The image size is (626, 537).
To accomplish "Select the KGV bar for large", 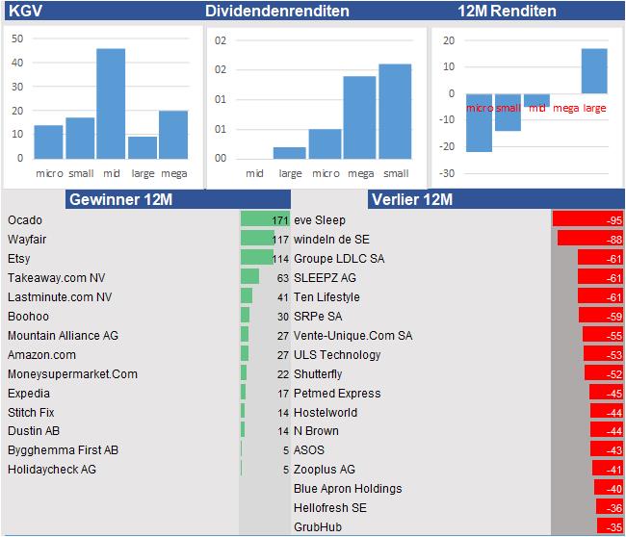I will click(x=143, y=147).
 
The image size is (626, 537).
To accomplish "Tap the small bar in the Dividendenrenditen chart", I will click(x=395, y=111).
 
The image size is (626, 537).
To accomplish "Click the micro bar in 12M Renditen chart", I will click(x=479, y=123).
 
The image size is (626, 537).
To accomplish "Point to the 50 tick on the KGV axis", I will click(x=17, y=39).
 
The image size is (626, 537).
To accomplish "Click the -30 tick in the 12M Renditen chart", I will click(x=446, y=173).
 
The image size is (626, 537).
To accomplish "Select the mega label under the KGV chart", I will click(x=173, y=173).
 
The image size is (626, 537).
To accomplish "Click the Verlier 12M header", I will click(x=411, y=199).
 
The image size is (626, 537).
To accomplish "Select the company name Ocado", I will click(x=25, y=220).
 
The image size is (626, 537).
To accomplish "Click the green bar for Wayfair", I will click(x=257, y=239).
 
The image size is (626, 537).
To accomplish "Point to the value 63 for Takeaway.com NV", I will click(x=282, y=277).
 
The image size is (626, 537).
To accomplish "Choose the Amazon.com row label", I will click(x=41, y=354).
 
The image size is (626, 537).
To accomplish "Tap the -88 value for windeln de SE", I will click(x=613, y=239).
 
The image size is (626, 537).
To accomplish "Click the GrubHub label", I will click(x=318, y=526).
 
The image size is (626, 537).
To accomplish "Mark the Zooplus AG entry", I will click(x=325, y=469).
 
